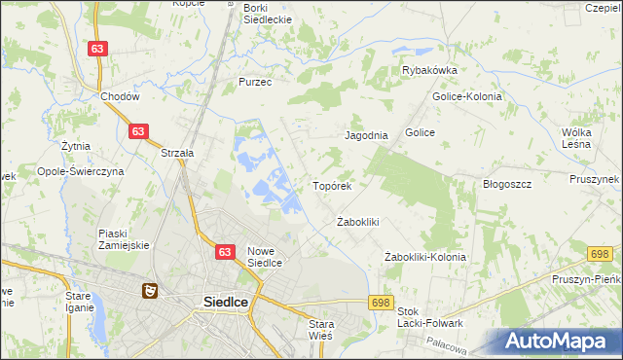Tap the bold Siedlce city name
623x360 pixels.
[x=225, y=302]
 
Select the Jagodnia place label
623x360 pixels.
[x=367, y=136]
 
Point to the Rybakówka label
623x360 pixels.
[x=429, y=70]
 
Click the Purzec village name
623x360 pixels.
[x=255, y=83]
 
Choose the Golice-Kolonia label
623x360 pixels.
[x=465, y=96]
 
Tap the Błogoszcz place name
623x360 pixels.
[x=506, y=184]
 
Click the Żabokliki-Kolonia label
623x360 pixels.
[x=424, y=257]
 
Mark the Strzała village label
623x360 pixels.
[x=178, y=153]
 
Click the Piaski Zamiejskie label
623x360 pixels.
[x=124, y=239]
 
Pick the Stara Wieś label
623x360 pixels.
[x=320, y=329]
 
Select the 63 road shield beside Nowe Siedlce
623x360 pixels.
[x=225, y=252]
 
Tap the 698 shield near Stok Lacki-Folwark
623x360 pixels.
[x=381, y=303]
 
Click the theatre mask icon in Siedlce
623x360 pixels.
[x=149, y=289]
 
